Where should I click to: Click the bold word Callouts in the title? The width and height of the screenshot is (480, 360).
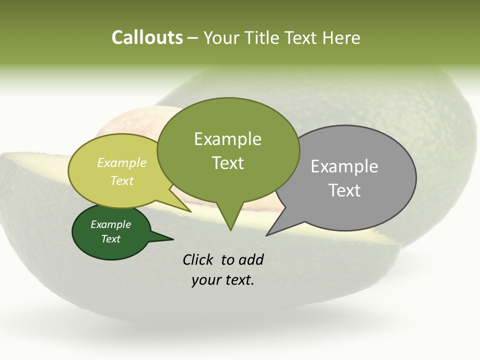click(147, 37)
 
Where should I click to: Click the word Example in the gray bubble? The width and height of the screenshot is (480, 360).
click(344, 166)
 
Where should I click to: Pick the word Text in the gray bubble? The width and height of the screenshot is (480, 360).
click(344, 190)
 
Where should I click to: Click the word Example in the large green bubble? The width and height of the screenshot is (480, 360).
click(227, 139)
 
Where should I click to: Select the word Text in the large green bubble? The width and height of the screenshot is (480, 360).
click(227, 163)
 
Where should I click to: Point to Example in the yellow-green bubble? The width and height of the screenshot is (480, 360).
click(122, 163)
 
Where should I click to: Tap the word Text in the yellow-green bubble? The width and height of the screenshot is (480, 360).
click(122, 180)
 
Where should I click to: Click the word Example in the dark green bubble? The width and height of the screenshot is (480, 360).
click(110, 224)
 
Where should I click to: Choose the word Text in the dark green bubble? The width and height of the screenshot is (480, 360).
click(110, 239)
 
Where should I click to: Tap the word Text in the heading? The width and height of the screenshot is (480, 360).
click(301, 37)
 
